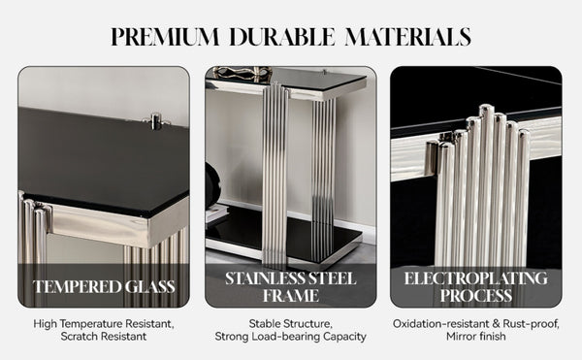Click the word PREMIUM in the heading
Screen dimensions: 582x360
pyautogui.click(x=165, y=36)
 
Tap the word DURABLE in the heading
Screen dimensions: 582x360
pyautogui.click(x=282, y=36)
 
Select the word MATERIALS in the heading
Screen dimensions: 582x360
pyautogui.click(x=408, y=36)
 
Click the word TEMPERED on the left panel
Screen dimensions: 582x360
pyautogui.click(x=78, y=287)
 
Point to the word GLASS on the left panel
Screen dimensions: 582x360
pyautogui.click(x=150, y=287)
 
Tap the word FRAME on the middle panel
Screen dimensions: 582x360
pyautogui.click(x=291, y=296)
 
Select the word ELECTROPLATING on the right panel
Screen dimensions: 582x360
pyautogui.click(x=476, y=278)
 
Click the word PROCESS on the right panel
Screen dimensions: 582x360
pyautogui.click(x=476, y=296)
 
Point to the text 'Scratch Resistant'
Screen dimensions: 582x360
pyautogui.click(x=104, y=337)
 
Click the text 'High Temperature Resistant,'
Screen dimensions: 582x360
pyautogui.click(x=104, y=324)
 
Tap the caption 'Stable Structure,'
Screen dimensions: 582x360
pyautogui.click(x=291, y=324)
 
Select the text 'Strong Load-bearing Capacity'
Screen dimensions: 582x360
pyautogui.click(x=291, y=337)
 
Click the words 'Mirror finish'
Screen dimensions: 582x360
pyautogui.click(x=476, y=337)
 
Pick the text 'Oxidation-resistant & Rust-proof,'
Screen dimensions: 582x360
pyautogui.click(x=476, y=324)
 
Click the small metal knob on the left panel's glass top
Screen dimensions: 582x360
pyautogui.click(x=156, y=121)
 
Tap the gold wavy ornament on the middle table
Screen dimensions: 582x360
pyautogui.click(x=243, y=73)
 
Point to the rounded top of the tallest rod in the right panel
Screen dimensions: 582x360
pyautogui.click(x=486, y=109)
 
